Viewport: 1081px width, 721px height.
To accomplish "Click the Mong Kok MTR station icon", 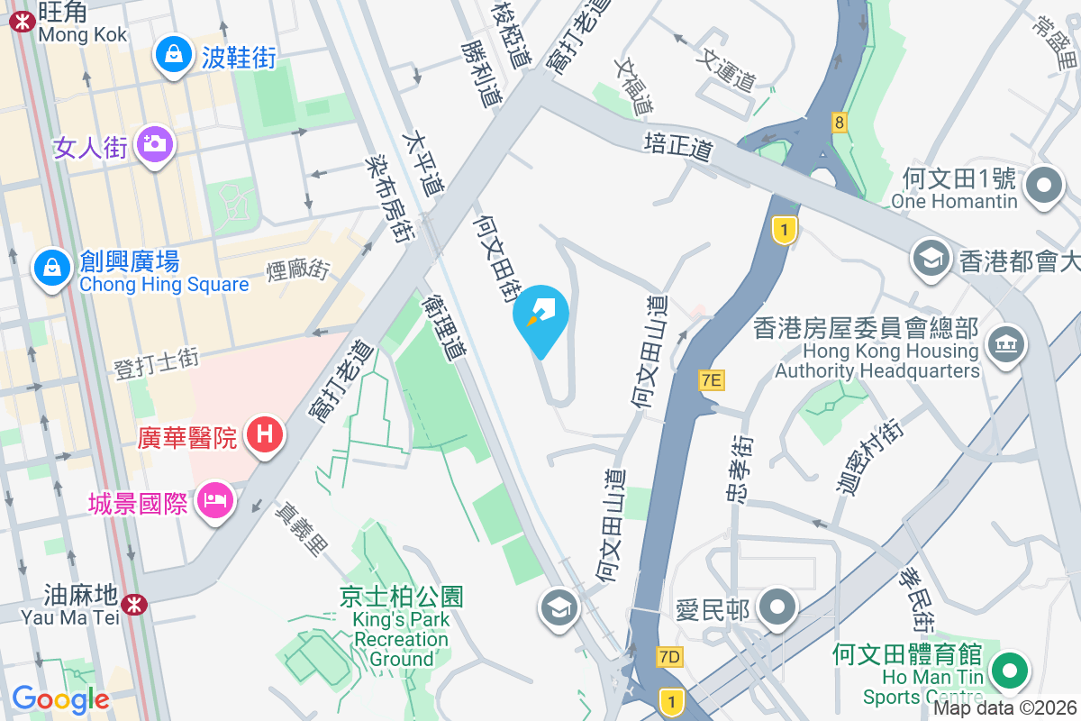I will pyautogui.click(x=21, y=22).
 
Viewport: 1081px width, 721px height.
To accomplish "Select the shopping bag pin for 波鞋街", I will pyautogui.click(x=172, y=55).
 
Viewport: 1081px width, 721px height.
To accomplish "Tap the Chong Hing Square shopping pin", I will pyautogui.click(x=52, y=267).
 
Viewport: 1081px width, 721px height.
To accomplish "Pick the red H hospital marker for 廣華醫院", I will pyautogui.click(x=264, y=435).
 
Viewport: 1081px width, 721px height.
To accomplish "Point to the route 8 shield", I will pyautogui.click(x=840, y=122).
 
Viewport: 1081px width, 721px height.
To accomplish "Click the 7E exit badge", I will pyautogui.click(x=711, y=380).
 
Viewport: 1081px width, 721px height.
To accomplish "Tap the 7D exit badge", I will pyautogui.click(x=669, y=657).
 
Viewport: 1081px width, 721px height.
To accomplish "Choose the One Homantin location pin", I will pyautogui.click(x=1045, y=187).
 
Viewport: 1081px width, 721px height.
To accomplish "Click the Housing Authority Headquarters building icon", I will pyautogui.click(x=1006, y=343).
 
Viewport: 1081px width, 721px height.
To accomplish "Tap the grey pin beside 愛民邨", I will pyautogui.click(x=777, y=607).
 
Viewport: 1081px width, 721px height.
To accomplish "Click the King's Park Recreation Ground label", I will pyautogui.click(x=401, y=627).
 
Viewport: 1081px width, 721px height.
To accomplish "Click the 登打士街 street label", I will pyautogui.click(x=156, y=362).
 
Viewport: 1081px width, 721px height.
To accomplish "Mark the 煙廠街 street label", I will pyautogui.click(x=298, y=269).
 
